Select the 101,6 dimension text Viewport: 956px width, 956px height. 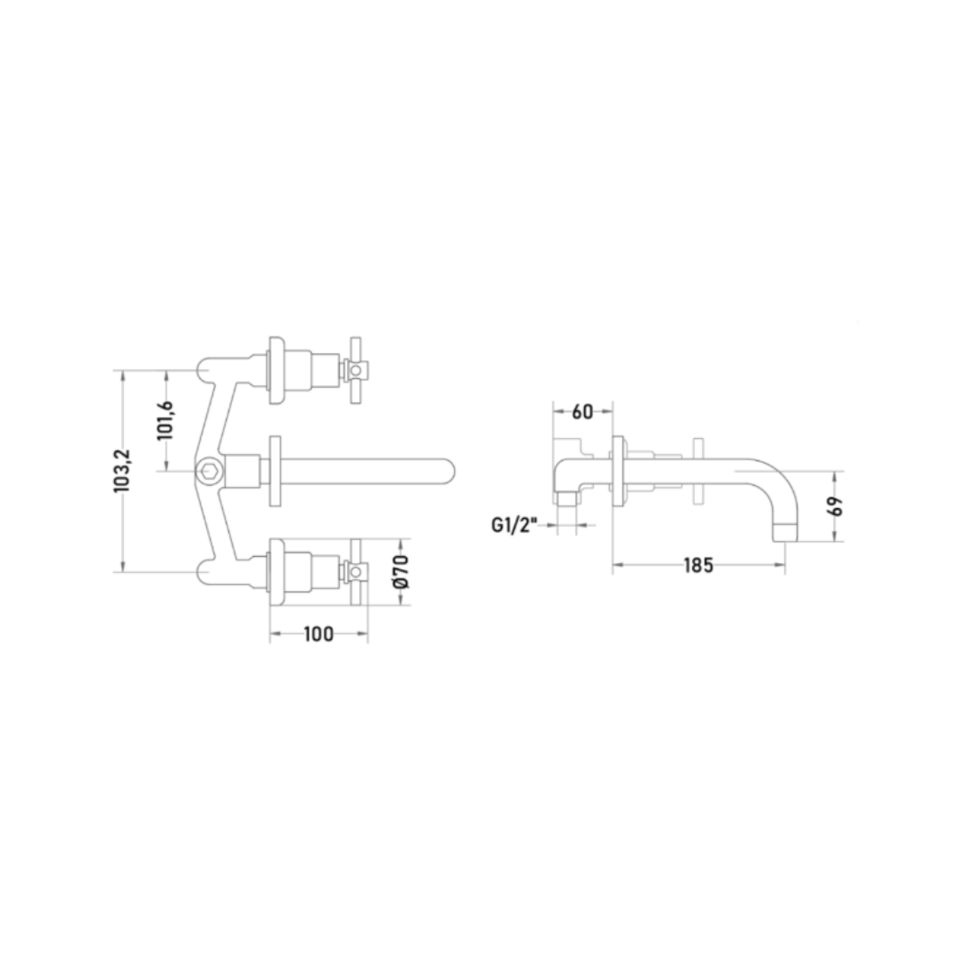[x=165, y=420]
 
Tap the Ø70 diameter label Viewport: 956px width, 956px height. [x=401, y=571]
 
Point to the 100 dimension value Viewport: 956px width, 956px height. [x=319, y=634]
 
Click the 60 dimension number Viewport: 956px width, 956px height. [x=582, y=412]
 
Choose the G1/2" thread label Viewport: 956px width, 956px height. [x=514, y=525]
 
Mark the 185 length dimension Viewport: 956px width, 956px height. [x=698, y=565]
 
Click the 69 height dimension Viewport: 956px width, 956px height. [x=836, y=506]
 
